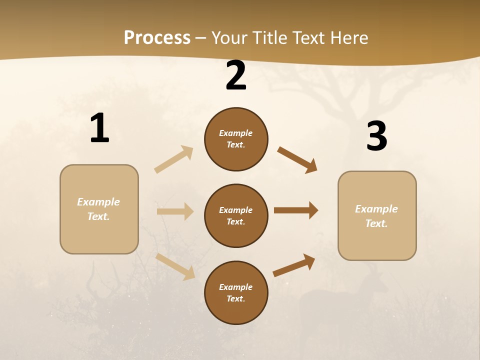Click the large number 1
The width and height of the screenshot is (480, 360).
point(99,128)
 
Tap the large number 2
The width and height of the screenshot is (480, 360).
point(236,76)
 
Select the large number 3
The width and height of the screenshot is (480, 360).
point(376,136)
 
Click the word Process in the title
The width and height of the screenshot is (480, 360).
point(157,37)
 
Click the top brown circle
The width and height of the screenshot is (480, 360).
point(236,139)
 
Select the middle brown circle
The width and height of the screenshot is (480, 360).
point(236,215)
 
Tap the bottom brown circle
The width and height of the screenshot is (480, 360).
point(236,292)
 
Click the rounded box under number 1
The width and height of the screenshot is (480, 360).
point(99,209)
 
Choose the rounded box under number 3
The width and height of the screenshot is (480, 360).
point(377,215)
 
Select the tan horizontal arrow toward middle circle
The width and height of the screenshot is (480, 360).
point(175,211)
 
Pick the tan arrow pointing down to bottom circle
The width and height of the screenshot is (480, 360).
point(175,266)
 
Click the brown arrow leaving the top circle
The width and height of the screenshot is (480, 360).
point(297,159)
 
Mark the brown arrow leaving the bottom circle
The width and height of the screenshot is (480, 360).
point(294,265)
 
